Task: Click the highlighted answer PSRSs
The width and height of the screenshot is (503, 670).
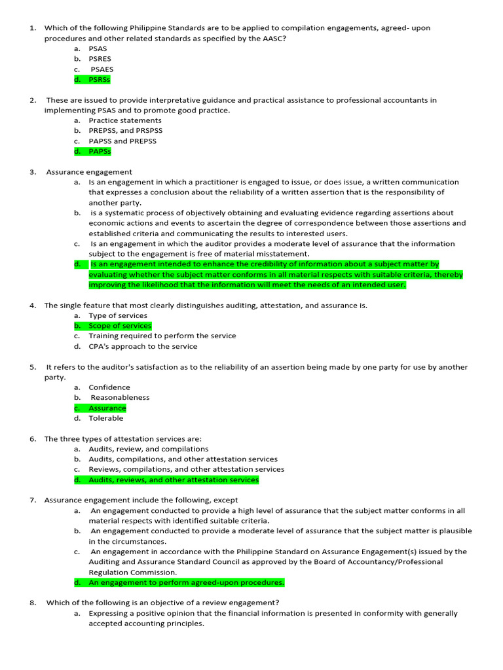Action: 99,79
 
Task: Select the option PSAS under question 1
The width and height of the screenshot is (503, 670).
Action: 98,48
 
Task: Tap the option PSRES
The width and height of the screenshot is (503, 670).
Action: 100,59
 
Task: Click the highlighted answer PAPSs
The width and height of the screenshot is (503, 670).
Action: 100,151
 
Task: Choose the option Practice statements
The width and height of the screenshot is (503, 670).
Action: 124,120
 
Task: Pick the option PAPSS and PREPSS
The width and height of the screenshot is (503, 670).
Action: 122,141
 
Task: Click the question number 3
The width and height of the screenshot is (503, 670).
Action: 32,172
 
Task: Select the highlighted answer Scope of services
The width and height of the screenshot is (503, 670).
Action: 120,326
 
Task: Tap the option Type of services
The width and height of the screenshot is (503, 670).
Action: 118,315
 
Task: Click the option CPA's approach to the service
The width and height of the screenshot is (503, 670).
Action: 143,346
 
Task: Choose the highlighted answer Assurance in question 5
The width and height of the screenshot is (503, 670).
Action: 107,408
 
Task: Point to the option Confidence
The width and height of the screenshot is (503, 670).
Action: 109,387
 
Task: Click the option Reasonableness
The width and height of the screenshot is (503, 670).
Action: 120,397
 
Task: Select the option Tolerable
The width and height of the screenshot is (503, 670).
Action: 106,418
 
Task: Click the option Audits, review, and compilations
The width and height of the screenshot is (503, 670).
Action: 149,449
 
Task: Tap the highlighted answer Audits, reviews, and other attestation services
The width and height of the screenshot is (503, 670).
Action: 174,480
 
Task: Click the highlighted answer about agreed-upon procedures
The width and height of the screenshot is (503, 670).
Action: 186,582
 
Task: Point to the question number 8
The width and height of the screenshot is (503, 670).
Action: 32,603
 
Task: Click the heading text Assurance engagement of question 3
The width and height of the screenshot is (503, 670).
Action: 89,172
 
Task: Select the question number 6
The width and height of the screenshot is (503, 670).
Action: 32,438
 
